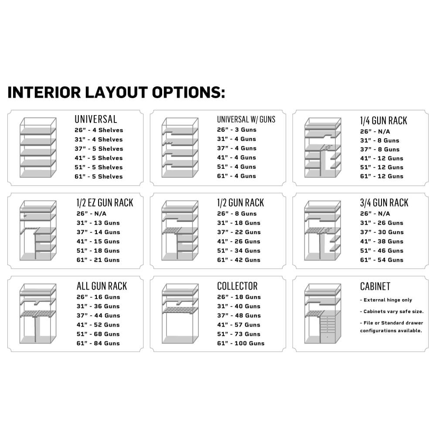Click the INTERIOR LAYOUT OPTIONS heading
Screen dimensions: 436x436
click(x=116, y=92)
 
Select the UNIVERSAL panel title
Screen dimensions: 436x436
click(x=95, y=119)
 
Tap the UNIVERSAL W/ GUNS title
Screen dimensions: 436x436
click(x=246, y=119)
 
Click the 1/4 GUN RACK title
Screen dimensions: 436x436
click(x=383, y=120)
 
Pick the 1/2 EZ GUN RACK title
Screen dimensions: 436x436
click(x=105, y=203)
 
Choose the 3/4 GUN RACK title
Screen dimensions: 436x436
click(x=384, y=203)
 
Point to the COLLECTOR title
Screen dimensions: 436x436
click(x=237, y=286)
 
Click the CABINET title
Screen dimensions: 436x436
click(x=375, y=286)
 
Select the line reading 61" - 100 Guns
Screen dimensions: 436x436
click(x=241, y=344)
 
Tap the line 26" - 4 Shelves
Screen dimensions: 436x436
click(x=99, y=130)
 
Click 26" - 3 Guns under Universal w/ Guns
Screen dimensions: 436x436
click(x=237, y=130)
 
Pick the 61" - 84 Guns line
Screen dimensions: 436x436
click(x=98, y=344)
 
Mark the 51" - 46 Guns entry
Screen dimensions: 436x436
click(x=381, y=251)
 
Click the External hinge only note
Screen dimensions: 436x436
click(x=386, y=300)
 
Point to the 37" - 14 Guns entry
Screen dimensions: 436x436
click(x=98, y=232)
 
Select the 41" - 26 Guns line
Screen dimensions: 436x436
click(x=238, y=242)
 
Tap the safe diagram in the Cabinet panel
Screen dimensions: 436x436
click(x=323, y=313)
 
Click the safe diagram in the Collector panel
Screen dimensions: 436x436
click(x=180, y=313)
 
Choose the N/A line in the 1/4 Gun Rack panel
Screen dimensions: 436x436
click(x=375, y=132)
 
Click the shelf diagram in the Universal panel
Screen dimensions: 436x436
click(x=38, y=148)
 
